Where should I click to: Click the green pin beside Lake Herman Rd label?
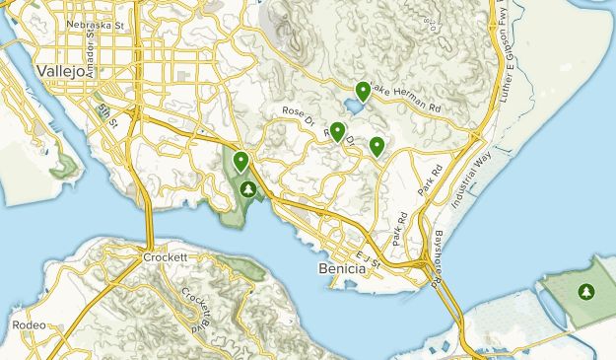click(364, 91)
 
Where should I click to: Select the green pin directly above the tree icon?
click(240, 160)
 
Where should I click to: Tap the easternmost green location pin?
click(376, 146)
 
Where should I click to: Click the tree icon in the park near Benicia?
click(248, 188)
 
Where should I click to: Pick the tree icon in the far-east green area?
click(586, 291)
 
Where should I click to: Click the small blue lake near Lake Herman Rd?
click(352, 106)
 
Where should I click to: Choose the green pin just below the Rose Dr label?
click(337, 130)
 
